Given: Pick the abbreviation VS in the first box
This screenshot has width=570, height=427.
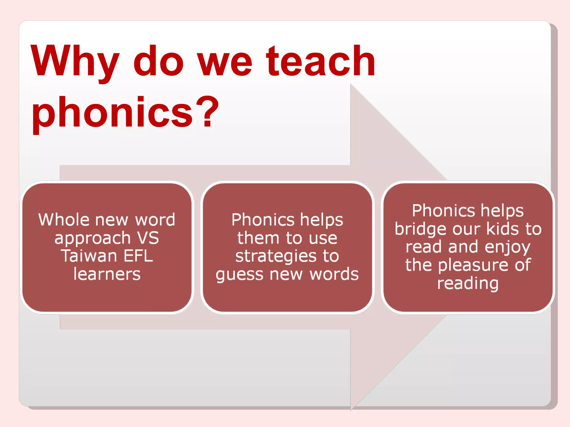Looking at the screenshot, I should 148,238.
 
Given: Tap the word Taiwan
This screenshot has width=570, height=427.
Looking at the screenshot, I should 89,256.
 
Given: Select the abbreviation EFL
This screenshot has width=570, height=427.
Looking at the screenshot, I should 138,256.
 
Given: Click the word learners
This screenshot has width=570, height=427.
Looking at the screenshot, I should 107,274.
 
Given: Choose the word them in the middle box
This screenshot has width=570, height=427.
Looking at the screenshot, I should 258,238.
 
